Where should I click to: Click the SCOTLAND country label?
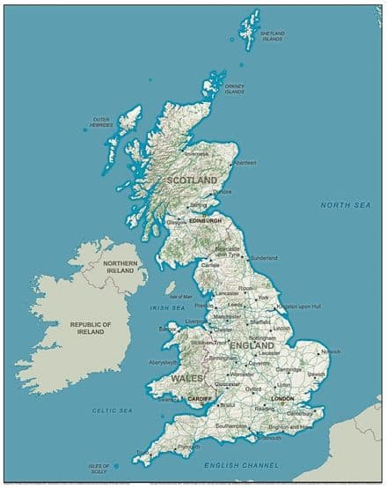192,180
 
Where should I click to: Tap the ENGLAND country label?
252,346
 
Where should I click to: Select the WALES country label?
186,377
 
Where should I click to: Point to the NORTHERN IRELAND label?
120,268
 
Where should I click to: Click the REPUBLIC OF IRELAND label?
91,329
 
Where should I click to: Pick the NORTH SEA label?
345,204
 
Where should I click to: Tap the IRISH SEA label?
167,308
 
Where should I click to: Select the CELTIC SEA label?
113,410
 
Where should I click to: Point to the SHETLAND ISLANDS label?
272,36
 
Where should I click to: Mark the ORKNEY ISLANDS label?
234,89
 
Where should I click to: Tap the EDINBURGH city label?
205,221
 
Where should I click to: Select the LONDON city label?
282,399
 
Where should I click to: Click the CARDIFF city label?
201,400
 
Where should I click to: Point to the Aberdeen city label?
245,163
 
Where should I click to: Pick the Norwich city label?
330,351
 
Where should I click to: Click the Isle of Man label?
180,297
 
